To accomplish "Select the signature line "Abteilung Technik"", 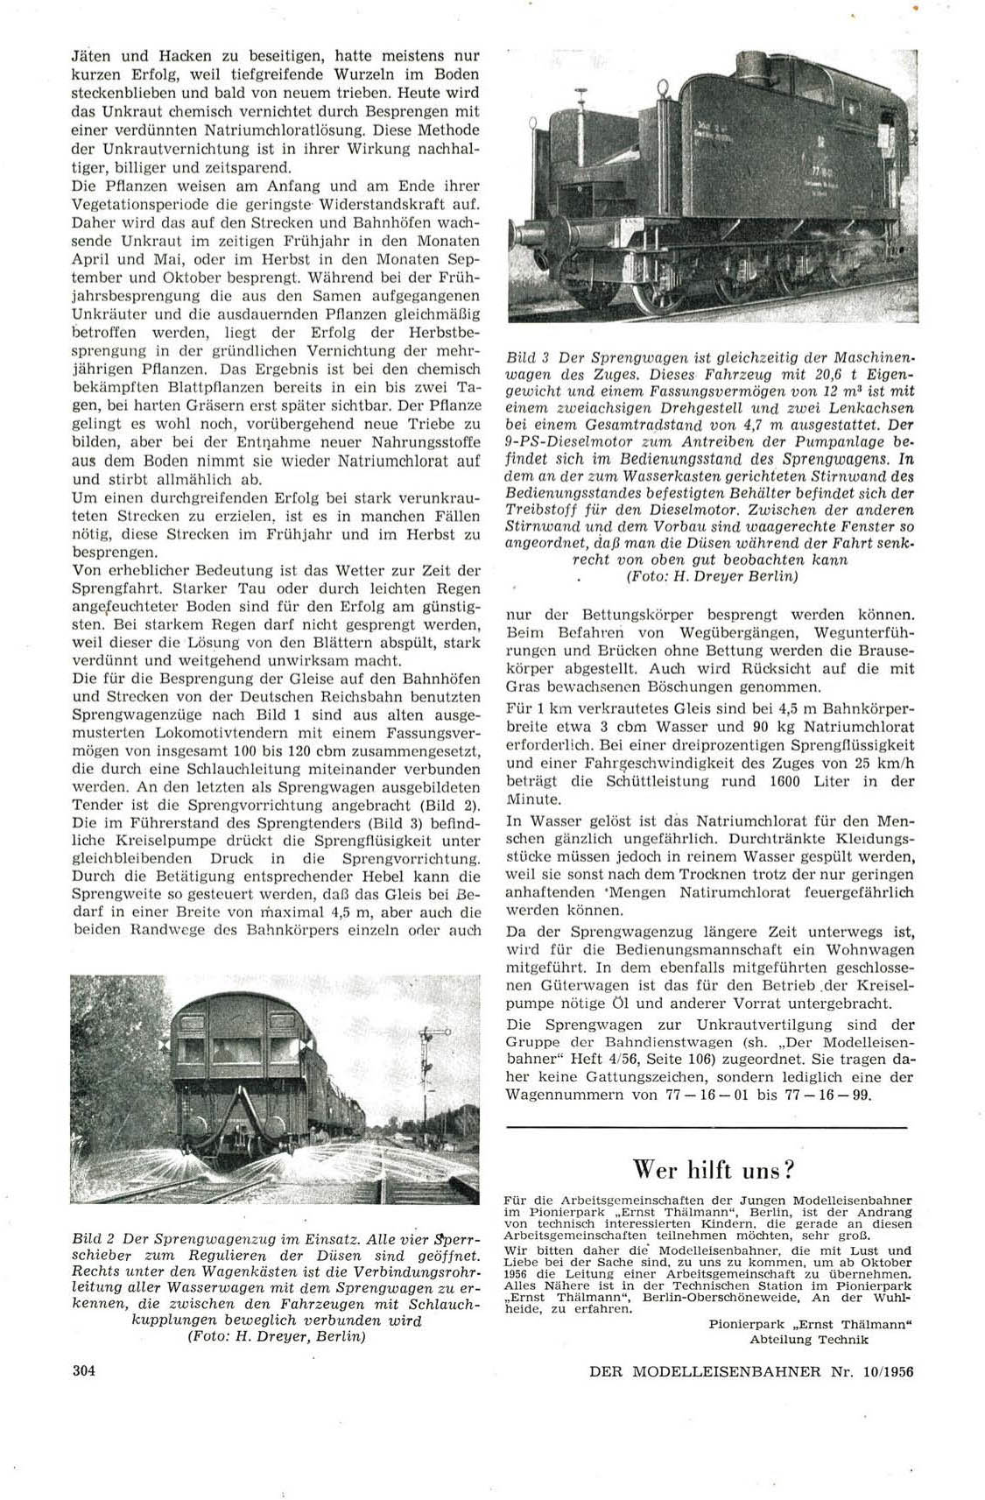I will pos(809,1339).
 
